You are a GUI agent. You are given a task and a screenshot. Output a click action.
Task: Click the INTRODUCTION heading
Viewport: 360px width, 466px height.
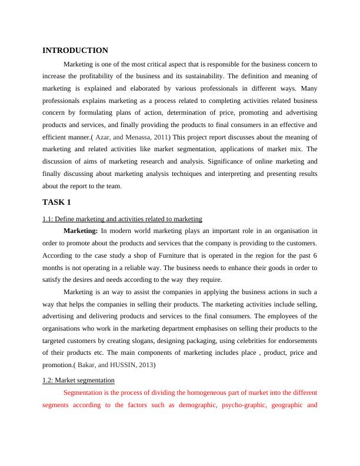pyautogui.click(x=75, y=51)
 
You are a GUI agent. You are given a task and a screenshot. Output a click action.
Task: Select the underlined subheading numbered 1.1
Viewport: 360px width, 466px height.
pyautogui.click(x=122, y=219)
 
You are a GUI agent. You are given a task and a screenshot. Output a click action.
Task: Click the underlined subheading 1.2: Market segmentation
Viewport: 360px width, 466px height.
pyautogui.click(x=79, y=380)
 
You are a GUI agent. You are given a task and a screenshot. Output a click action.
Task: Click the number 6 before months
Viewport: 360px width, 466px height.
pyautogui.click(x=316, y=255)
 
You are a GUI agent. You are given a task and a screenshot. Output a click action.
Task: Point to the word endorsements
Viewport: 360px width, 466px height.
pyautogui.click(x=295, y=341)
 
